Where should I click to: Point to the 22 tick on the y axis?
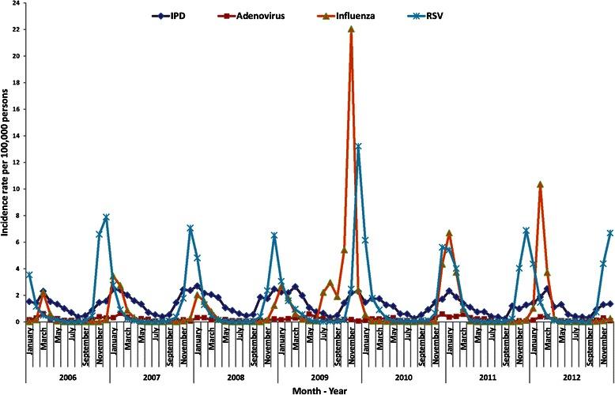16,29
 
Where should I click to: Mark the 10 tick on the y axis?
16,189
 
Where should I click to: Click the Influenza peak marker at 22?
351,29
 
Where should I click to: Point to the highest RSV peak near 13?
358,146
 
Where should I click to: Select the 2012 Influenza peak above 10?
540,184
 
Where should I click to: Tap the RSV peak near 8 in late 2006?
106,217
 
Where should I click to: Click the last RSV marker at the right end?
609,233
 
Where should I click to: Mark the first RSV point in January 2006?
29,275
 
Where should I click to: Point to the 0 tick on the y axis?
17,322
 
